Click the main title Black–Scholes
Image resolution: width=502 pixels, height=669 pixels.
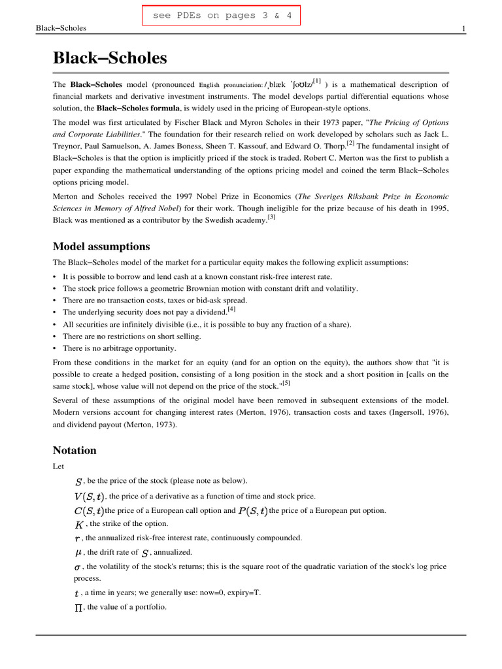(109, 59)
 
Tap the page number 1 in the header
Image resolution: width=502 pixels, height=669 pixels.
(463, 29)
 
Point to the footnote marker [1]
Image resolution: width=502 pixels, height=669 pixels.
(316, 81)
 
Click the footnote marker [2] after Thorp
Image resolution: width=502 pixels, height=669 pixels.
(350, 142)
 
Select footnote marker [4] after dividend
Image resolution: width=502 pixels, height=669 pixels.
(231, 310)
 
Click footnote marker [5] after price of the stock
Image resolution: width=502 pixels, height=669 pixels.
(286, 383)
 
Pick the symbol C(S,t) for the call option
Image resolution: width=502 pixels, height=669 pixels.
(89, 510)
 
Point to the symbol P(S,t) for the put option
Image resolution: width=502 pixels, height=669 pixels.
(253, 510)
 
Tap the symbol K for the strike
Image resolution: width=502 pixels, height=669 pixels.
(79, 524)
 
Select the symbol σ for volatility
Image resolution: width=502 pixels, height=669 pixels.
(77, 567)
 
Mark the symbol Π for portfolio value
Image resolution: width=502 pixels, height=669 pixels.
(78, 607)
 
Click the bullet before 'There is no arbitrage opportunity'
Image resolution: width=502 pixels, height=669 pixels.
(55, 348)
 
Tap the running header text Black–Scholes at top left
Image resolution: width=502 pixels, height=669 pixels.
(61, 29)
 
